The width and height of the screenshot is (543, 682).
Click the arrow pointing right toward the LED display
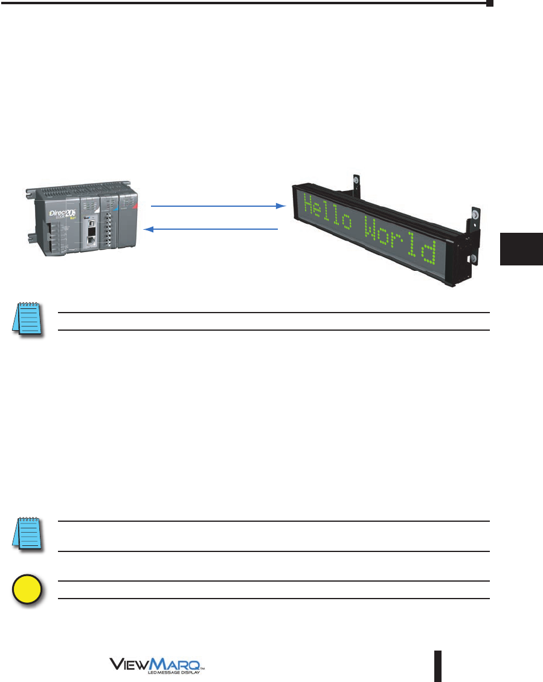pyautogui.click(x=217, y=206)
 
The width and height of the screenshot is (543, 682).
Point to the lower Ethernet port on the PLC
pyautogui.click(x=90, y=240)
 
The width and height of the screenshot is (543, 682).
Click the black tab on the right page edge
pyautogui.click(x=522, y=249)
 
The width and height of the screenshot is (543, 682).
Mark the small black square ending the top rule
pyautogui.click(x=490, y=4)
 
